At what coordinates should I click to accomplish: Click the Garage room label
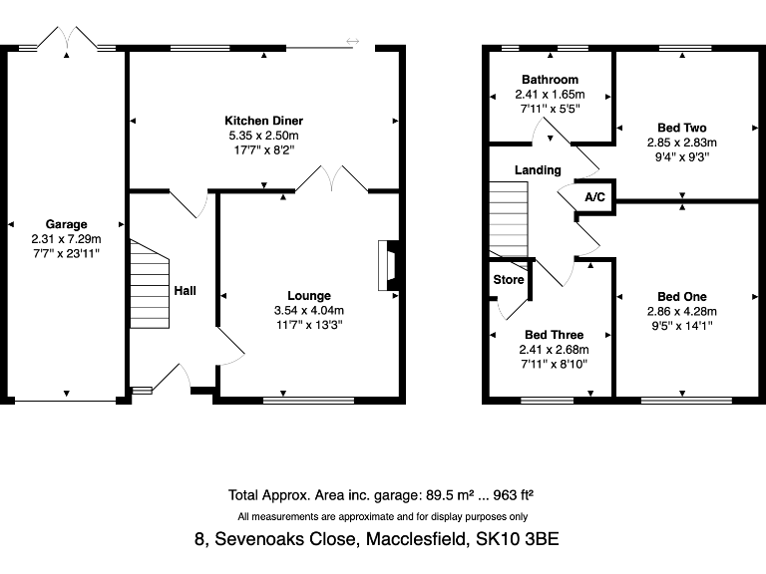click(67, 224)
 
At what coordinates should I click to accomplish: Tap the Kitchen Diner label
click(263, 121)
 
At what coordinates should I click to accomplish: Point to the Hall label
click(185, 291)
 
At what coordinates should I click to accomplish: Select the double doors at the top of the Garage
click(66, 40)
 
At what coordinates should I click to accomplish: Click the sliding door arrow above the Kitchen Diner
click(352, 41)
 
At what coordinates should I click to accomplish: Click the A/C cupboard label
click(595, 197)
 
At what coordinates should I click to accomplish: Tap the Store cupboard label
click(509, 280)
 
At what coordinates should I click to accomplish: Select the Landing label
click(538, 170)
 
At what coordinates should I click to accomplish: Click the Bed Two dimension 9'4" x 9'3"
click(682, 156)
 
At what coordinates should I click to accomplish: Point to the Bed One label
click(682, 296)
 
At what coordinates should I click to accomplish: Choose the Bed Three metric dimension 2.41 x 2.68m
click(554, 350)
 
